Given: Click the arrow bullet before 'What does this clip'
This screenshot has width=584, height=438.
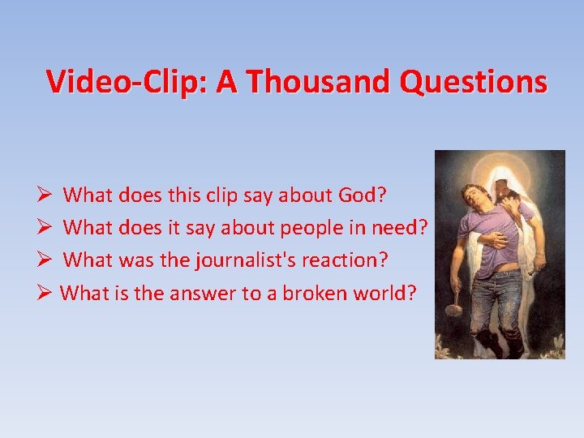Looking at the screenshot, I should point(45,195).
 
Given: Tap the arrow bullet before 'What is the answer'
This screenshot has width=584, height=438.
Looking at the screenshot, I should point(45,293).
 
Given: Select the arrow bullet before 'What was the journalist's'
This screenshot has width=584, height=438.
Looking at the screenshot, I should point(45,260).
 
